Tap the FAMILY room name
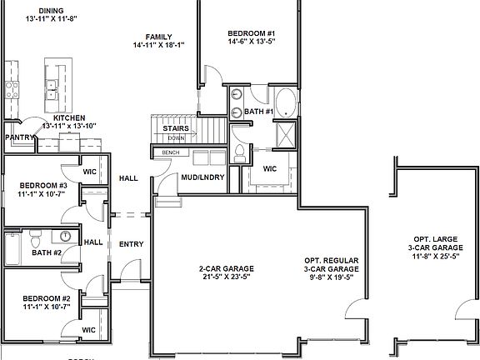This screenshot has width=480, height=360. point(158,37)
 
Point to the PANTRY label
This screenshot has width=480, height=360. point(18,137)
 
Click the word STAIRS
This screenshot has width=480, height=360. point(175,128)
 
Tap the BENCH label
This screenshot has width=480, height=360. point(171,152)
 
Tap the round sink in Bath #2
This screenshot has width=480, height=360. point(64,236)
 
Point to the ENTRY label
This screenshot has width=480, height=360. point(131,244)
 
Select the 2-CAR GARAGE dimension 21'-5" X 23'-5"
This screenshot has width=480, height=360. point(225,278)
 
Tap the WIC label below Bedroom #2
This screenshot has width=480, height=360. point(88,330)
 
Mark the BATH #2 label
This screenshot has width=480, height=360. point(47,252)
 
